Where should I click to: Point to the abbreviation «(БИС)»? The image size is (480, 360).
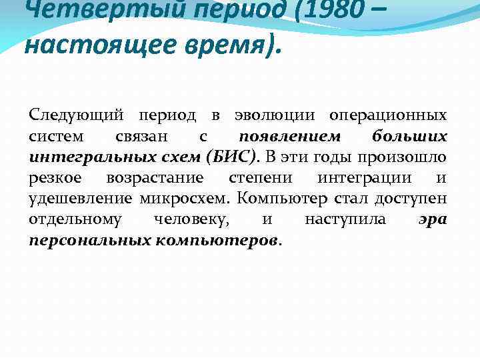click(232, 157)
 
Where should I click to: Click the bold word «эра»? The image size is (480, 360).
click(433, 219)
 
